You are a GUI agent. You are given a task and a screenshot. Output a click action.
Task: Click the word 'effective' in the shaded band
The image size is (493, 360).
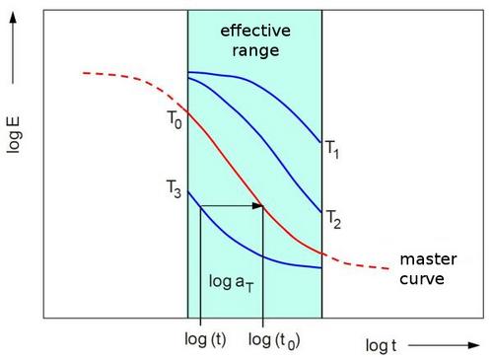[255, 31]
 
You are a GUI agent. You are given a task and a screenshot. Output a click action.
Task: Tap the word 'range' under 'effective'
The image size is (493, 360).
[255, 51]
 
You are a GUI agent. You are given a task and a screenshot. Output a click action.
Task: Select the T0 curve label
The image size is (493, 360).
[175, 119]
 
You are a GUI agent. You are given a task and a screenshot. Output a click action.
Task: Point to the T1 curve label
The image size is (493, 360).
[332, 149]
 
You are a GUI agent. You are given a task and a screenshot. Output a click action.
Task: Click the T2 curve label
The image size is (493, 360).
[333, 219]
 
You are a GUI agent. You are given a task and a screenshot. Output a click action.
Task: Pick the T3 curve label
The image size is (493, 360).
[174, 189]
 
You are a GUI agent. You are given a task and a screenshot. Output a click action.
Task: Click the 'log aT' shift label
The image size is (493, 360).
[232, 283]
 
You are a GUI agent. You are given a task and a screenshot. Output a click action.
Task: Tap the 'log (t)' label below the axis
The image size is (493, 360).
[205, 339]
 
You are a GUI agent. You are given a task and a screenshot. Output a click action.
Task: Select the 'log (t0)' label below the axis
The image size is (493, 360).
[274, 340]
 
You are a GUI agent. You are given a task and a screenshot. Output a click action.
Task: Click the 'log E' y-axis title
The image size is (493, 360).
[14, 135]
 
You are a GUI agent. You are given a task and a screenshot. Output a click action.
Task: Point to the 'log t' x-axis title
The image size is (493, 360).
[381, 346]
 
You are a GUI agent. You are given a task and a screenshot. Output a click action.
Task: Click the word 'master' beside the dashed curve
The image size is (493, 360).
[428, 259]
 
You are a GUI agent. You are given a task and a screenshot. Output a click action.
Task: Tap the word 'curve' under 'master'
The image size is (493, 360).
[422, 279]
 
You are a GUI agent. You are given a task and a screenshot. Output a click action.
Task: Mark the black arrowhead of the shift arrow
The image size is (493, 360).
[257, 206]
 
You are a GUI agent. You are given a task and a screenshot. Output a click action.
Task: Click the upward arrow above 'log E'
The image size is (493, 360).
[13, 48]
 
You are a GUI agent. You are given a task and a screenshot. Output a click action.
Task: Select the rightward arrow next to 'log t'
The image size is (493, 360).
[444, 345]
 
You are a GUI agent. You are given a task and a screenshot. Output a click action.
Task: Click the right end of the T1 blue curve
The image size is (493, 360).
[321, 142]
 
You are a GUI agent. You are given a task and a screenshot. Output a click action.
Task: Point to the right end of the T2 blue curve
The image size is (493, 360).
[321, 212]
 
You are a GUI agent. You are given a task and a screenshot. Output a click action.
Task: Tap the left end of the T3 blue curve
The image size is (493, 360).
[188, 191]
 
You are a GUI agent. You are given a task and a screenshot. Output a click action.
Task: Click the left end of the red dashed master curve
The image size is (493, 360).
[83, 73]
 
